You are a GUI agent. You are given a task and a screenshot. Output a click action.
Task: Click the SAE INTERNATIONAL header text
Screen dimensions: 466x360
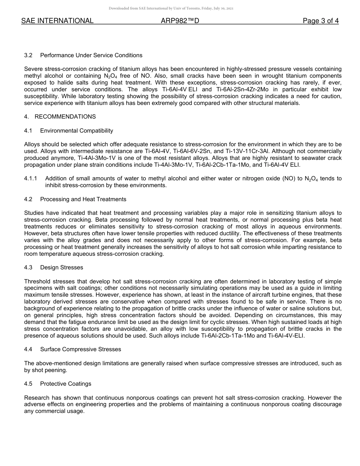57,21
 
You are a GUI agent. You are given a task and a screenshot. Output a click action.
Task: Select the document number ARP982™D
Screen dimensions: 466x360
180,21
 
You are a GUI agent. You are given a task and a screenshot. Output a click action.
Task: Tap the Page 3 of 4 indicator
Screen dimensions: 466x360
321,21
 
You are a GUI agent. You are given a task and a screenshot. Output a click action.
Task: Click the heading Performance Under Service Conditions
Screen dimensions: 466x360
91,55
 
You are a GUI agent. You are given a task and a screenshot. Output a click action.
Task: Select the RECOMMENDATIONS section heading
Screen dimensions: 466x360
65,117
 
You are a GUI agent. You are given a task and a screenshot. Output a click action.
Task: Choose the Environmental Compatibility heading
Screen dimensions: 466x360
77,131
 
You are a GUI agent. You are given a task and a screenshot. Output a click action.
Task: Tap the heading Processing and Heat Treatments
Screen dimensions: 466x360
83,199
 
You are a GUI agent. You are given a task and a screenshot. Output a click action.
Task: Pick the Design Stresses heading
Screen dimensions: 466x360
61,267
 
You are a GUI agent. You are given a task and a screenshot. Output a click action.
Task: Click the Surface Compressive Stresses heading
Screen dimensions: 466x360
81,349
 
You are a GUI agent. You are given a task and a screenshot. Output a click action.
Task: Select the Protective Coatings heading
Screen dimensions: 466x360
66,384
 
